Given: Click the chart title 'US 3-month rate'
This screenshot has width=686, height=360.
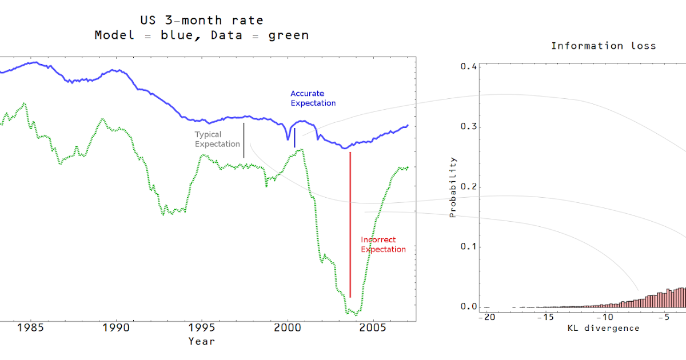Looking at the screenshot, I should [x=202, y=21].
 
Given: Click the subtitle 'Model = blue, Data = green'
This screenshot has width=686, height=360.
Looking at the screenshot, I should [x=202, y=35].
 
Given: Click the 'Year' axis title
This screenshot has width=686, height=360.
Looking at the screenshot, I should [x=202, y=341].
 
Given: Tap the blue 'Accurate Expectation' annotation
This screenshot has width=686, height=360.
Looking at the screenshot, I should [x=313, y=98].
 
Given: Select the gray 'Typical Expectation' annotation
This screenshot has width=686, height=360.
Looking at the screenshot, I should [x=217, y=139].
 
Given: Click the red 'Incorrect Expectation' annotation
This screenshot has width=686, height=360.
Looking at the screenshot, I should [x=383, y=245].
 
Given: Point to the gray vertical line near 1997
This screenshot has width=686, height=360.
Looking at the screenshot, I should [x=244, y=140].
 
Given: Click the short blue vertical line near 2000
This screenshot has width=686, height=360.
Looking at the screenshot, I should [x=294, y=138].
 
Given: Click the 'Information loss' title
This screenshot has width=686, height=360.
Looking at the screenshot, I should [x=603, y=46].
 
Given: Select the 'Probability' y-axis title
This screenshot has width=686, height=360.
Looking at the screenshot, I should [x=453, y=187].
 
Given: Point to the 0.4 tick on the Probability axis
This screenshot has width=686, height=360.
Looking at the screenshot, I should [x=468, y=67].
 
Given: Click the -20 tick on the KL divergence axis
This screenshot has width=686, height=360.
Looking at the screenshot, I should [x=486, y=317].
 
